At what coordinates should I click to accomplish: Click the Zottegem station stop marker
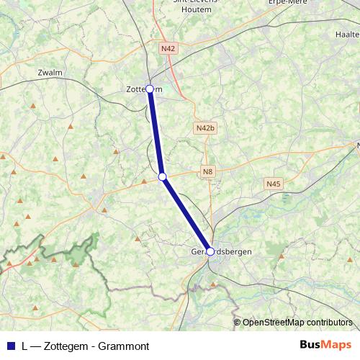[x=150, y=89]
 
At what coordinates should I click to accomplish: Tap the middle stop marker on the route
[x=163, y=176]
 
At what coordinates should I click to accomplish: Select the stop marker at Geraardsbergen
[x=210, y=251]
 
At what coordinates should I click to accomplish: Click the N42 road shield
[x=168, y=48]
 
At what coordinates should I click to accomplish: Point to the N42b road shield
[x=205, y=127]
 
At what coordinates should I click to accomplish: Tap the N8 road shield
[x=207, y=171]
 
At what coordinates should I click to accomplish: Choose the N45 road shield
[x=274, y=184]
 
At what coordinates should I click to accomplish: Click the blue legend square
[x=11, y=346]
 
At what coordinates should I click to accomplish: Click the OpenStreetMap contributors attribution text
[x=297, y=323]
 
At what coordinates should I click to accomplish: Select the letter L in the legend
[x=25, y=346]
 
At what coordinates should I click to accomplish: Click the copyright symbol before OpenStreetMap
[x=238, y=323]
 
